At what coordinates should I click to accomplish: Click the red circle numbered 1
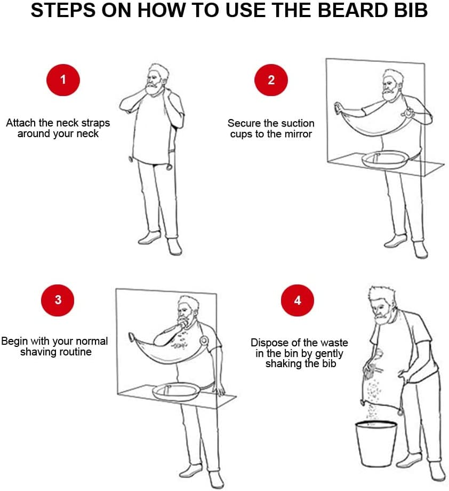(x=63, y=80)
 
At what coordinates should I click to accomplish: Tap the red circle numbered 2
(x=271, y=80)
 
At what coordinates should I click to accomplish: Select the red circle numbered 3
(x=58, y=300)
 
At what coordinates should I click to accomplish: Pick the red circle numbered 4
(x=297, y=300)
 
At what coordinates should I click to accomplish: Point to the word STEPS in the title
(x=63, y=10)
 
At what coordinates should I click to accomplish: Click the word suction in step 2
(x=297, y=123)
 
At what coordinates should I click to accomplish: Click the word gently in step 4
(x=329, y=353)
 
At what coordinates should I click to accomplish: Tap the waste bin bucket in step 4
(x=376, y=444)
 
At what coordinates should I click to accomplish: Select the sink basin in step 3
(x=176, y=392)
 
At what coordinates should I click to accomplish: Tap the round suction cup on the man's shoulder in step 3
(x=204, y=340)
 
